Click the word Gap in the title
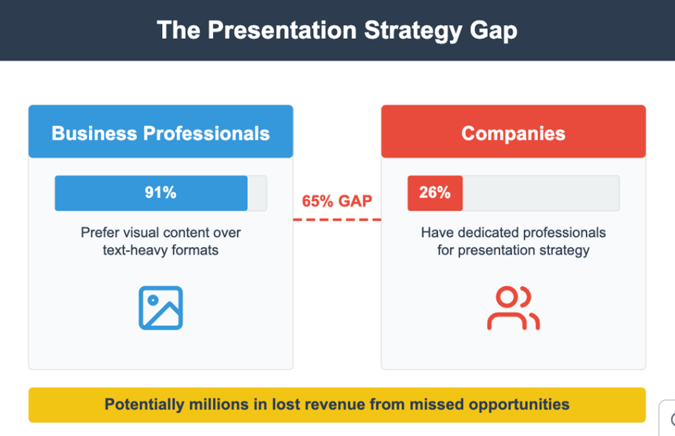[493, 31]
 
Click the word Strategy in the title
[413, 31]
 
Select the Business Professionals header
[161, 131]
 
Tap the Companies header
[513, 131]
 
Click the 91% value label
[161, 193]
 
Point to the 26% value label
[435, 193]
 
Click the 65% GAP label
[337, 201]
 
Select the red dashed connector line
[337, 220]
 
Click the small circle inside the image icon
[153, 300]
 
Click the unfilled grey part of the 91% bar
[257, 193]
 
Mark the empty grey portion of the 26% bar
[541, 193]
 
